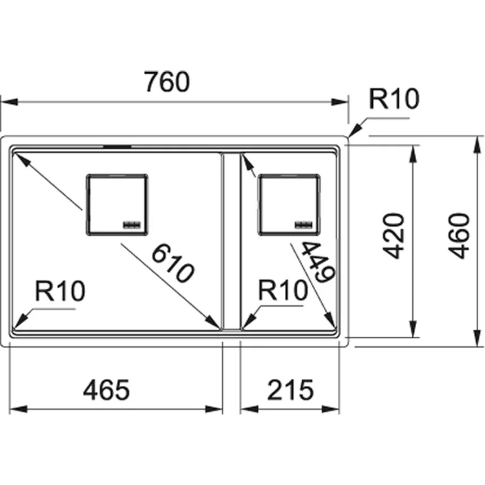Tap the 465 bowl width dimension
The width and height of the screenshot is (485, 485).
tap(107, 390)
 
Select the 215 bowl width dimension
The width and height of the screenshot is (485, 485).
tap(290, 390)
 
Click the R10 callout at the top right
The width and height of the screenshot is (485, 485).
tap(394, 100)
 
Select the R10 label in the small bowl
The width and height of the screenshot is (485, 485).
tap(283, 292)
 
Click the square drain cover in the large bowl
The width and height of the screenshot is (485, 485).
tap(117, 204)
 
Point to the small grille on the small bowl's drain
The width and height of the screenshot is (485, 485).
tap(303, 224)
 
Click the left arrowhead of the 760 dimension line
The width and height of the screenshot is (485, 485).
tap(7, 102)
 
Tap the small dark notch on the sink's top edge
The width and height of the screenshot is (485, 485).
tap(117, 145)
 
